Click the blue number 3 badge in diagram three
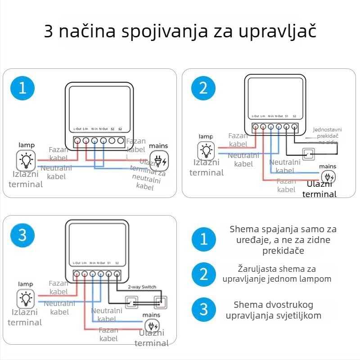click(22, 235)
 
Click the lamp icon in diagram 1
click(26, 160)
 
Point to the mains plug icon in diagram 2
click(328, 177)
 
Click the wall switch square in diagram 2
click(309, 154)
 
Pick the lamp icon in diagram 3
click(26, 298)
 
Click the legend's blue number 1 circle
click(204, 239)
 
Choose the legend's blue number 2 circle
click(204, 274)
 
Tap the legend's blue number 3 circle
click(204, 309)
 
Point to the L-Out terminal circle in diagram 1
click(77, 141)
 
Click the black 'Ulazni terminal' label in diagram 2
click(319, 189)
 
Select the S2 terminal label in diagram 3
click(117, 263)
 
